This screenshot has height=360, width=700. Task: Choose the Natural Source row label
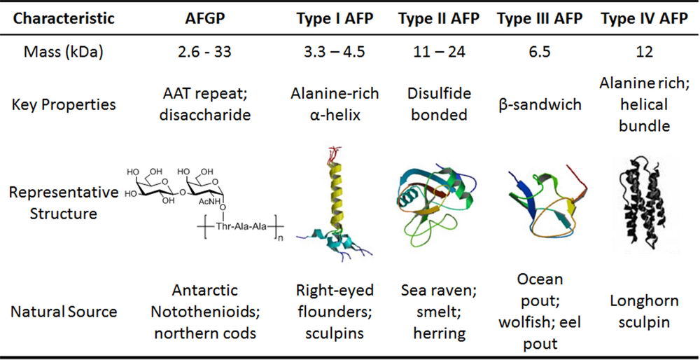pyautogui.click(x=64, y=311)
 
